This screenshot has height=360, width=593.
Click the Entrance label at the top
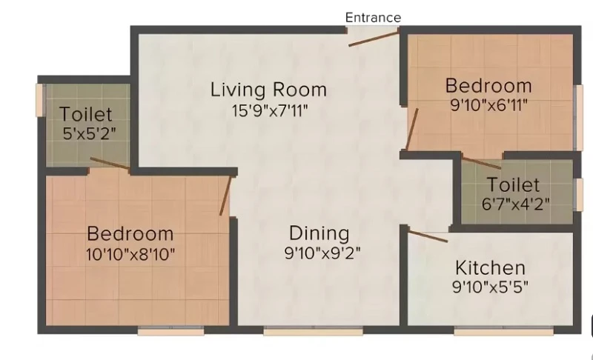click(373, 18)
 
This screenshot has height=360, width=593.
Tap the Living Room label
click(268, 90)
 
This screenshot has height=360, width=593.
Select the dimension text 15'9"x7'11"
click(270, 110)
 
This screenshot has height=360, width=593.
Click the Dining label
click(319, 233)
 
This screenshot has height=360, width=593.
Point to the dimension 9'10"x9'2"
click(322, 253)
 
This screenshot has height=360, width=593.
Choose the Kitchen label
click(490, 268)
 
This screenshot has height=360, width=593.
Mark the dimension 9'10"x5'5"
click(490, 287)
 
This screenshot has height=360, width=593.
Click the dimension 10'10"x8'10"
click(130, 254)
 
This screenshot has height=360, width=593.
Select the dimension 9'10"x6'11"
click(488, 105)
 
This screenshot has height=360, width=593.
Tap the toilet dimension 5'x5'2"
click(89, 133)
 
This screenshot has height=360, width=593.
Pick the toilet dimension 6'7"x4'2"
click(515, 204)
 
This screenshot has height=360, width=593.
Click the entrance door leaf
click(374, 39)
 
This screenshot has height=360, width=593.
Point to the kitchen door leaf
click(428, 236)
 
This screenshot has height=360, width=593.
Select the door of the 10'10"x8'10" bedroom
click(225, 196)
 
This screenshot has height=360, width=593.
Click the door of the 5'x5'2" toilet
click(110, 163)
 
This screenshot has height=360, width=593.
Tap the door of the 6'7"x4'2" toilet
click(482, 163)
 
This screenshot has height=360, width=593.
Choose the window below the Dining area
click(313, 331)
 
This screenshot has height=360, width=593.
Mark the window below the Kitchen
click(503, 331)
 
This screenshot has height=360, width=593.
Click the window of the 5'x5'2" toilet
click(40, 100)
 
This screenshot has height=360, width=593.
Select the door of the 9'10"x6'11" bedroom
click(412, 129)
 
